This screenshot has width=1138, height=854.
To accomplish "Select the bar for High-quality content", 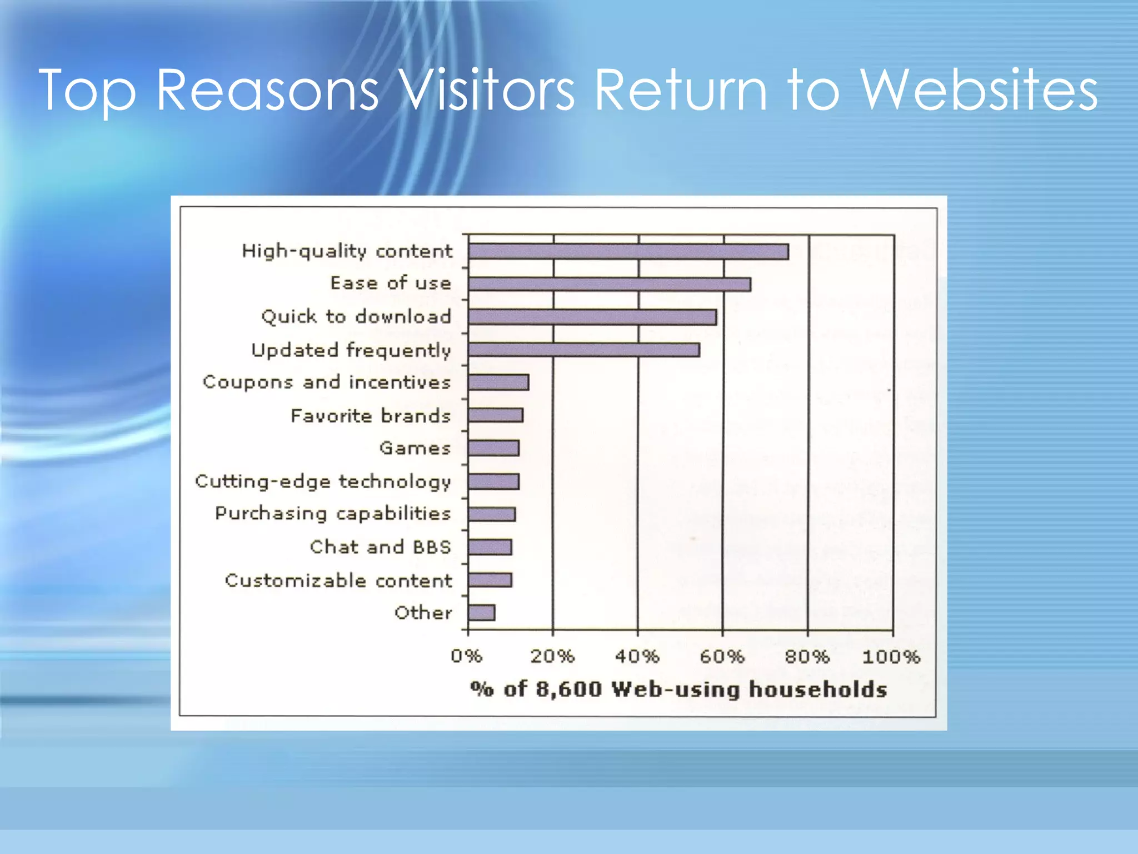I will [x=628, y=252].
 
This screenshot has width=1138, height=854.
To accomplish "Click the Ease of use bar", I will [x=609, y=285].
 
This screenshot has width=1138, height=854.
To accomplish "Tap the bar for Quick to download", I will [x=592, y=317].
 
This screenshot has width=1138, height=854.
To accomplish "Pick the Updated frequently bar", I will [x=583, y=350].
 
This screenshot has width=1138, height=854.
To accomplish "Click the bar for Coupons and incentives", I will [x=498, y=383].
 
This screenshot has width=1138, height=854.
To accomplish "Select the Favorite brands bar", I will [x=495, y=415].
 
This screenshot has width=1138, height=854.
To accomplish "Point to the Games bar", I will [x=493, y=448].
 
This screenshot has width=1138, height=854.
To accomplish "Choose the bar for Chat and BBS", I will [x=490, y=547].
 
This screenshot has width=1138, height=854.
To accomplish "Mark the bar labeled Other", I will [x=481, y=613].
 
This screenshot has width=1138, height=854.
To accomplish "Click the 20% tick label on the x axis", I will [x=552, y=657].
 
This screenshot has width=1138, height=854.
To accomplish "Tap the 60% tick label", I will [x=722, y=657].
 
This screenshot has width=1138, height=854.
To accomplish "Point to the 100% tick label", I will [x=891, y=657].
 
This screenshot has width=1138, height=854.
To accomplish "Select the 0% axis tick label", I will [x=466, y=657].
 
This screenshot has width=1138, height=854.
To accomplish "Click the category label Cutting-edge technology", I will [x=323, y=481].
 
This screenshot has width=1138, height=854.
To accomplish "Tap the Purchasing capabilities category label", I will [x=333, y=514].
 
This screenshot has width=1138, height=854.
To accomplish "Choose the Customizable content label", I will [x=338, y=580].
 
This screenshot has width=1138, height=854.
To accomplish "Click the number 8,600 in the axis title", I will [x=568, y=689].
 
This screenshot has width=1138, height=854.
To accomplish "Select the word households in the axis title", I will [x=818, y=689].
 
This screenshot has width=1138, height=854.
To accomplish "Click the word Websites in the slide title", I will [x=979, y=90].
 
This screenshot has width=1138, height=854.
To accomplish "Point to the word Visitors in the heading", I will [x=487, y=90].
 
